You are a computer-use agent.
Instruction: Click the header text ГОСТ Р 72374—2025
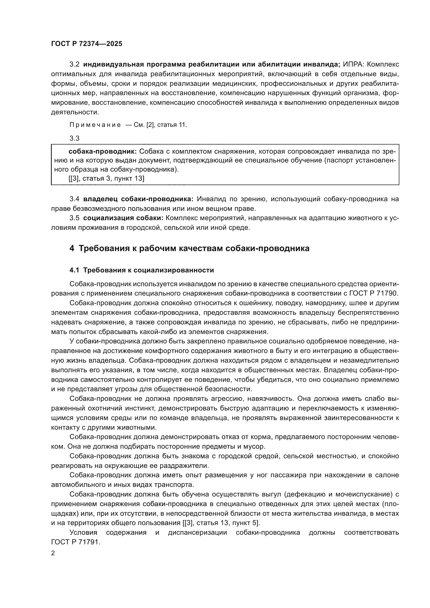(87, 44)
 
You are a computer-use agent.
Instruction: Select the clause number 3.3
(74, 138)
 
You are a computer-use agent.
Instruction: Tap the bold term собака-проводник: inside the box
(102, 152)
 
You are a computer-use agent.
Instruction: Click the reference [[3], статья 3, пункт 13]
(106, 179)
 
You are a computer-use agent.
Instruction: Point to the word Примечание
(95, 125)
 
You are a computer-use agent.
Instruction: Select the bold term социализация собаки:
(123, 218)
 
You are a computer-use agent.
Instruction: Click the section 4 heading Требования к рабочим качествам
(189, 249)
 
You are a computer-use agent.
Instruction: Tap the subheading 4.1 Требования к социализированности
(142, 270)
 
